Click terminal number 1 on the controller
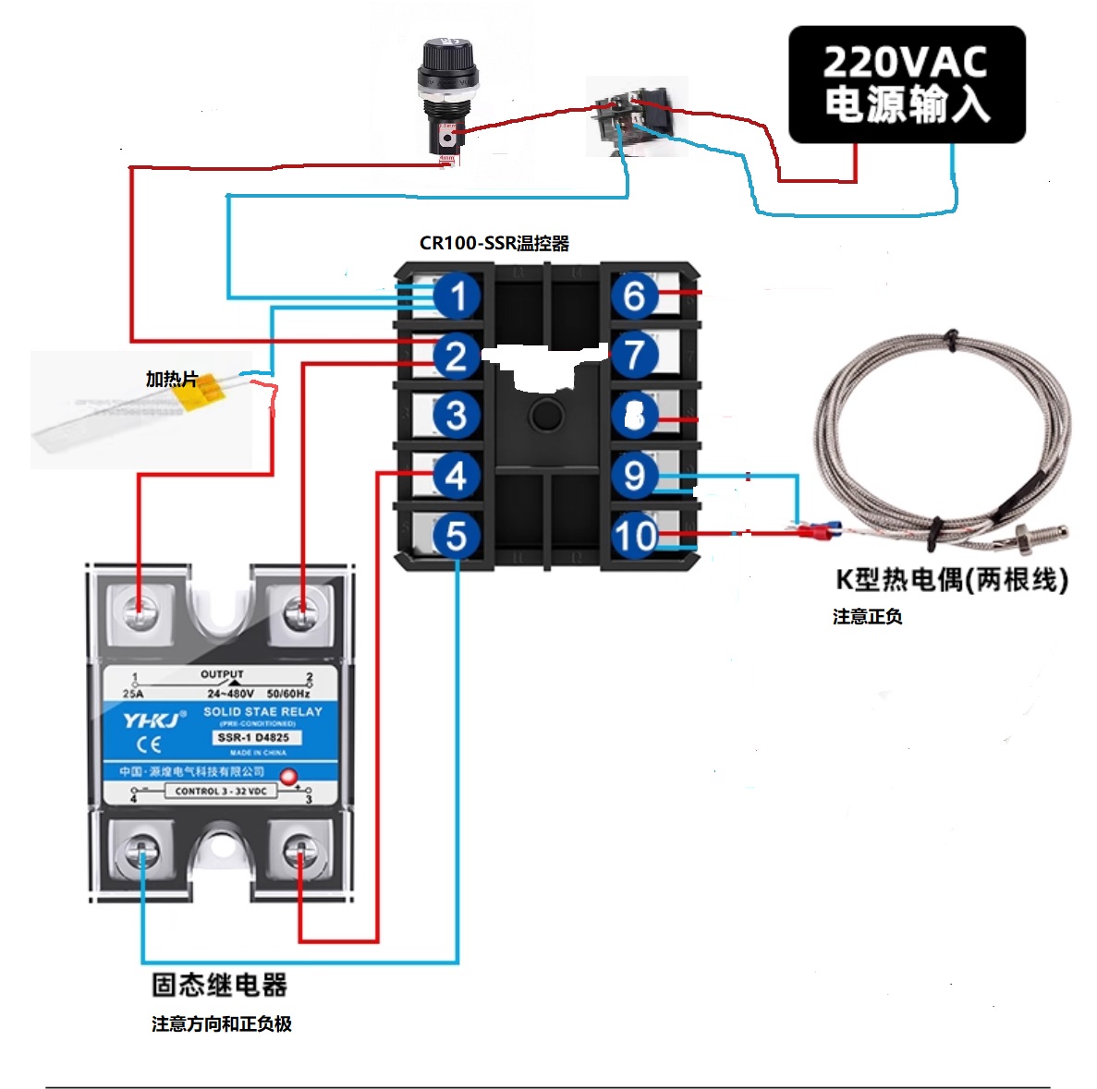457,296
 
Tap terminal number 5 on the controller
456,536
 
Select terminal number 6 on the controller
634,296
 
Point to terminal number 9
634,476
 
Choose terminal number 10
635,536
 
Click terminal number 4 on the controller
456,476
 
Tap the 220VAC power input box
906,84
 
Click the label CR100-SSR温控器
494,243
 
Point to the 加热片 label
171,379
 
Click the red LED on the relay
288,776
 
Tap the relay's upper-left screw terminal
140,610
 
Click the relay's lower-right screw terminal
299,852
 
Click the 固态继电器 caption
219,985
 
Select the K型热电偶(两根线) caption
951,579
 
